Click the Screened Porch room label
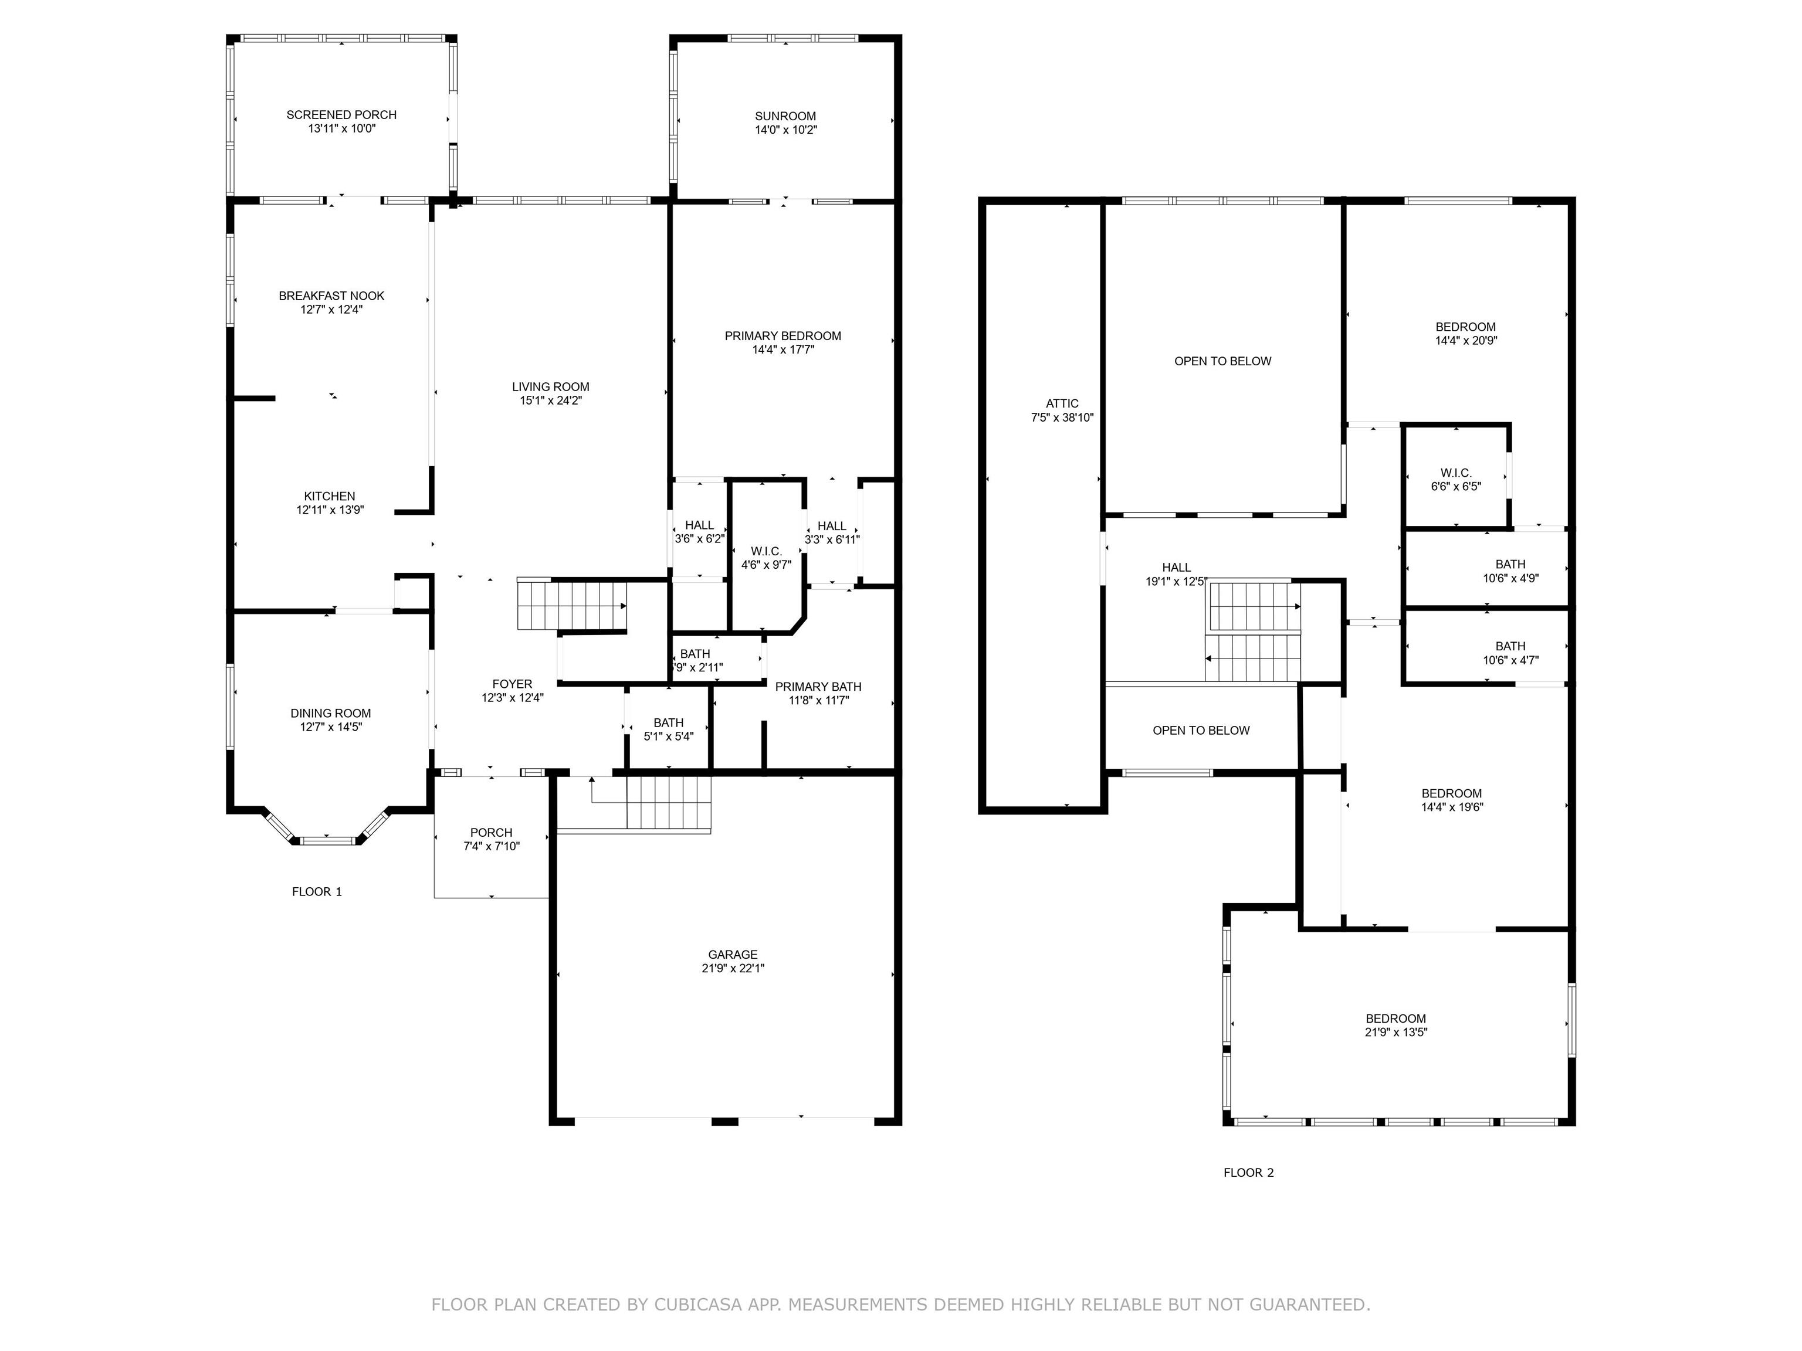pyautogui.click(x=341, y=115)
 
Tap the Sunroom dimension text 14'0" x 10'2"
pyautogui.click(x=785, y=130)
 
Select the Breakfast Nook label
pyautogui.click(x=331, y=296)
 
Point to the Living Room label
pyautogui.click(x=551, y=387)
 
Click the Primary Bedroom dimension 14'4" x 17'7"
pyautogui.click(x=783, y=350)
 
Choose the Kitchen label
pyautogui.click(x=330, y=496)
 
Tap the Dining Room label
pyautogui.click(x=331, y=714)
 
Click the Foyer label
pyautogui.click(x=513, y=684)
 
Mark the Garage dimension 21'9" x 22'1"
pyautogui.click(x=733, y=968)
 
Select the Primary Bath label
pyautogui.click(x=818, y=687)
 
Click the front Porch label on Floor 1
pyautogui.click(x=491, y=832)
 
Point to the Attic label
pyautogui.click(x=1062, y=403)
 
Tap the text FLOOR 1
pyautogui.click(x=317, y=892)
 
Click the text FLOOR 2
pyautogui.click(x=1249, y=1173)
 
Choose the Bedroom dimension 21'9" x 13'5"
pyautogui.click(x=1396, y=1033)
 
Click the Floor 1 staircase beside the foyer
pyautogui.click(x=572, y=605)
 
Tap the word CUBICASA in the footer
pyautogui.click(x=697, y=1305)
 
